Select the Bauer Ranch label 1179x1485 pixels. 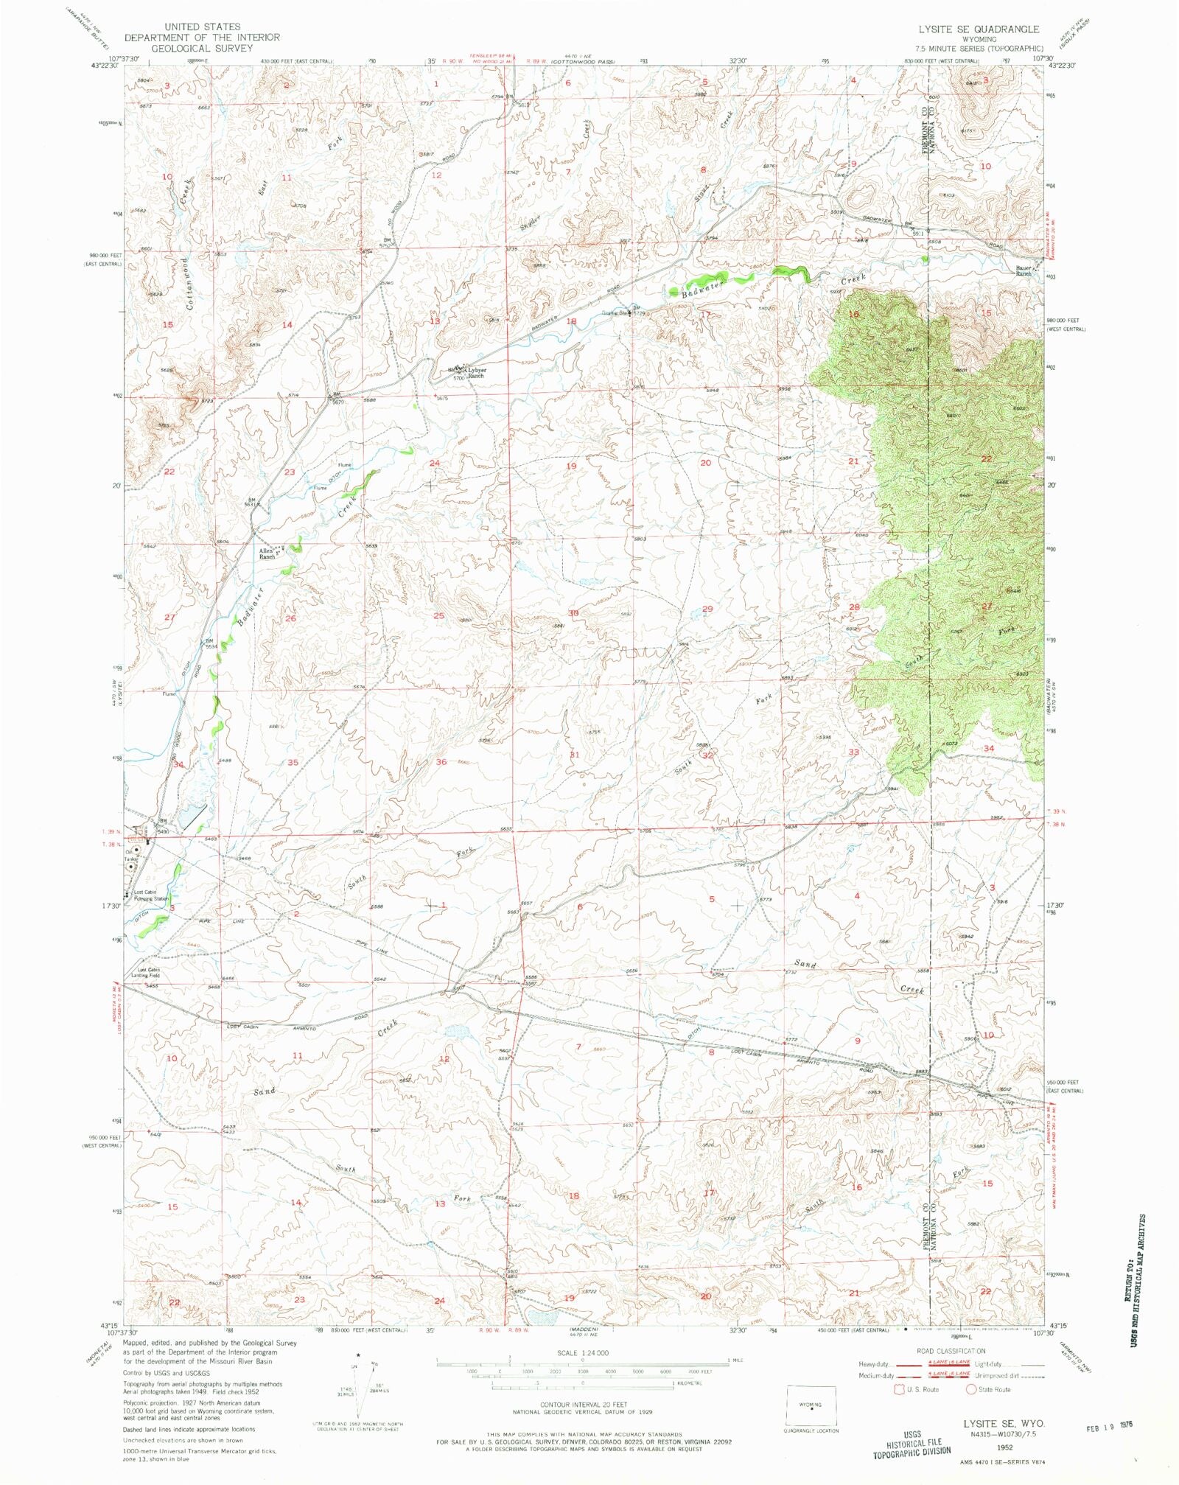click(1023, 270)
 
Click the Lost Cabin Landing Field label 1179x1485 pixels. click(146, 972)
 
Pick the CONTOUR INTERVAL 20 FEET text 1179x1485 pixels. click(581, 1405)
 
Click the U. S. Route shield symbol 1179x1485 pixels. click(898, 1389)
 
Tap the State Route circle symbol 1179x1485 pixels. click(971, 1389)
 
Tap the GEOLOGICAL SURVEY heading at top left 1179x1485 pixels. click(201, 48)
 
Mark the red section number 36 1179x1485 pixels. click(441, 761)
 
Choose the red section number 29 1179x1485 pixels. click(707, 609)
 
